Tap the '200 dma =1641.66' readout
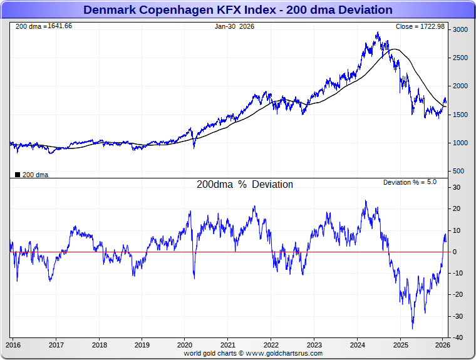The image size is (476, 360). pos(43,26)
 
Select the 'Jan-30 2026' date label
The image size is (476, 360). pos(234,26)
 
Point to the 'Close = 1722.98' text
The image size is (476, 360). pos(420,26)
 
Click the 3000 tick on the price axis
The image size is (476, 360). pos(460,29)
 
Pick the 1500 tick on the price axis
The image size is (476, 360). pos(460,115)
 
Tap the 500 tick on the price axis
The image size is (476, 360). pos(458,171)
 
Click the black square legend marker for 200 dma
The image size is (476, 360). pos(17,175)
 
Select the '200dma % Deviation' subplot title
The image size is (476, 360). pos(244,185)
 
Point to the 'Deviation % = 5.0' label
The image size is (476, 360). pos(410,182)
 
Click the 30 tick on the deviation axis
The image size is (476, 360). pos(457,187)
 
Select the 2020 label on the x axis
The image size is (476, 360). pos(185,344)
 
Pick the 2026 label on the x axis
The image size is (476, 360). pos(443,344)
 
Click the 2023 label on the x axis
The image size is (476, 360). pos(314,344)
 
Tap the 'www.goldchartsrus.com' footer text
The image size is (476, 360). pos(284,353)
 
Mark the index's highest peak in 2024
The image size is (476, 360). pos(378,33)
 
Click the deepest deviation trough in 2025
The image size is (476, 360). pos(412,328)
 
